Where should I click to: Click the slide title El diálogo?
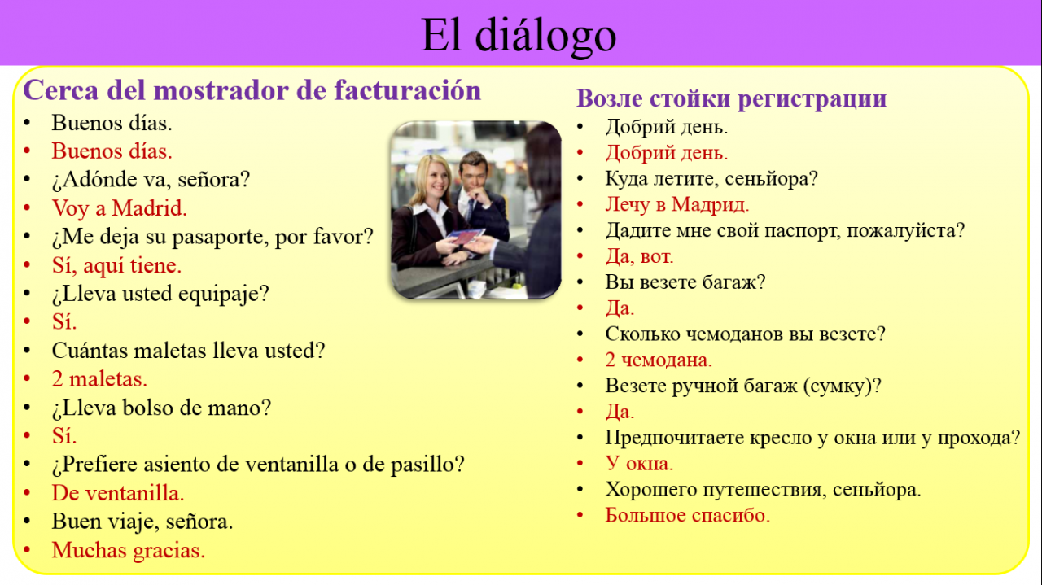pos(519,36)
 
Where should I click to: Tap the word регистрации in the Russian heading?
pos(812,98)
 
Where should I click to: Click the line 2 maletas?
pos(99,379)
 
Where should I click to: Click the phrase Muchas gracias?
pos(129,550)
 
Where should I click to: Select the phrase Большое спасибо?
pos(688,515)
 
